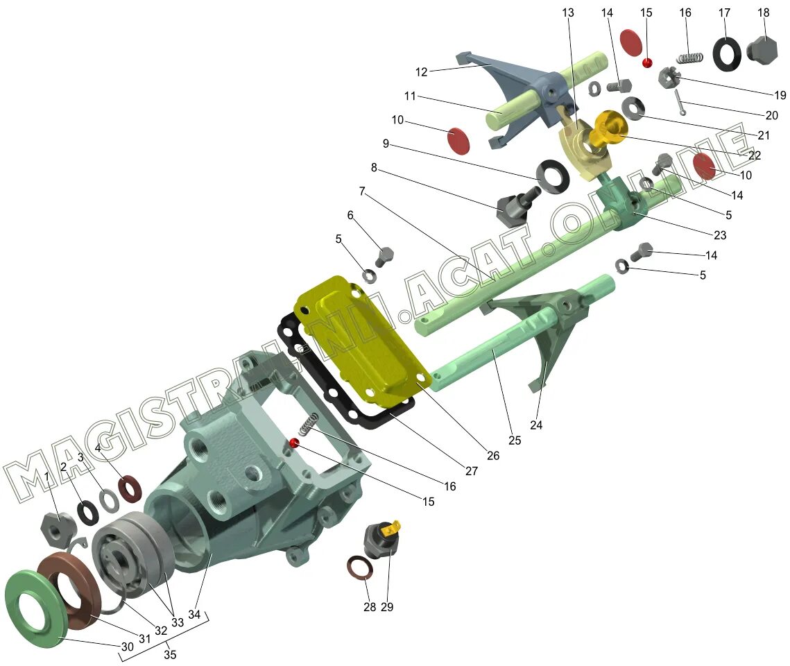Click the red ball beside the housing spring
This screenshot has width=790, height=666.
tap(294, 443)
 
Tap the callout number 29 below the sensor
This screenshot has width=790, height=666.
tap(387, 607)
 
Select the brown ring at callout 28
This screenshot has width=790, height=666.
tap(359, 568)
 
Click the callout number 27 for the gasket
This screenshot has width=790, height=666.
tap(472, 471)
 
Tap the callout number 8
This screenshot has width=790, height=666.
tap(374, 167)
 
